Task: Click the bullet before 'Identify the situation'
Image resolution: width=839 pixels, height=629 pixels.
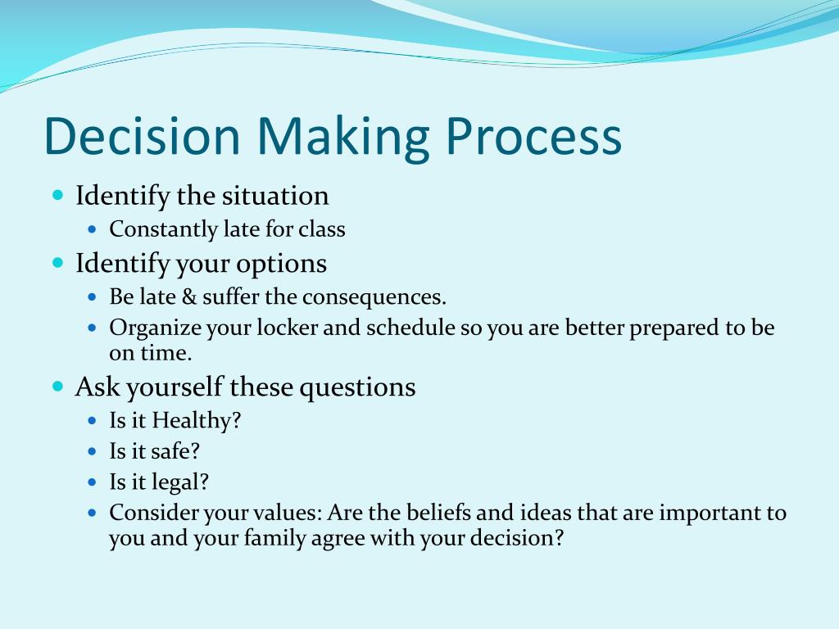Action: [57, 197]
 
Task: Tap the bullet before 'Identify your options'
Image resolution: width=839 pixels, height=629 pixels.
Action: [57, 264]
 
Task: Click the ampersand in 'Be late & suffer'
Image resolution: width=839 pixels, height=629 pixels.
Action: [188, 296]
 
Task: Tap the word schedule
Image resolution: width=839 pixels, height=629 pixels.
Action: [410, 329]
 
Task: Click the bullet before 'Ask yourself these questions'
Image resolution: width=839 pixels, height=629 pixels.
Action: [57, 387]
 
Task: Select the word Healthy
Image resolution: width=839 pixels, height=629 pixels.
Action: [196, 421]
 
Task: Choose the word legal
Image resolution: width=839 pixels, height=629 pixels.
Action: [180, 482]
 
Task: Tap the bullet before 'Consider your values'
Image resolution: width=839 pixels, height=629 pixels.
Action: [92, 514]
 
